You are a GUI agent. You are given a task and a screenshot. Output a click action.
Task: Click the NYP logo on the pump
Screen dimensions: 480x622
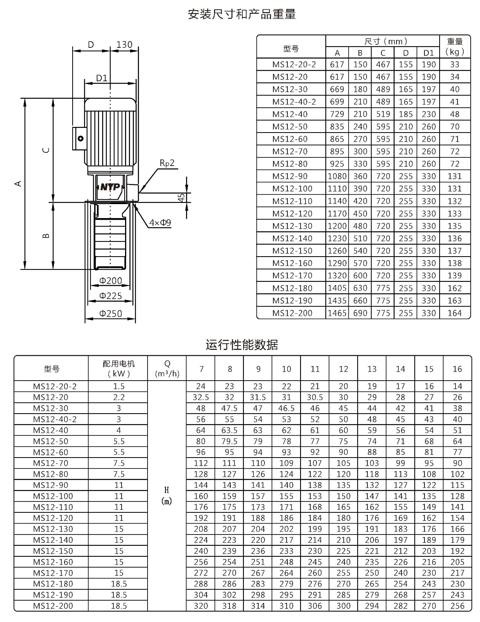click(x=110, y=187)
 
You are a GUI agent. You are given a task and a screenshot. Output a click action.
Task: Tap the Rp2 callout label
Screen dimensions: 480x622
click(x=167, y=163)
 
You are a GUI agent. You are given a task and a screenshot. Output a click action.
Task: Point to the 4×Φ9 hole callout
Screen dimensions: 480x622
click(x=160, y=222)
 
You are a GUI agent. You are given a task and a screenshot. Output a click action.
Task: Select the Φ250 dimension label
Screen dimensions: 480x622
click(x=111, y=313)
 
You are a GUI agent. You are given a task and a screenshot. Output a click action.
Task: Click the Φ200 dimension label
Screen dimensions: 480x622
click(x=111, y=281)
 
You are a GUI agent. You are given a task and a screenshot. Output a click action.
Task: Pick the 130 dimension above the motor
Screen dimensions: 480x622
click(x=124, y=44)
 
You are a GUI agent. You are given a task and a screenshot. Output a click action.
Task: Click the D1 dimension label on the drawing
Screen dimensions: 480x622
click(x=102, y=78)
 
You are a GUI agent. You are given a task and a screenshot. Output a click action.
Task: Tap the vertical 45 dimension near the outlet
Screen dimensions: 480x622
click(x=181, y=197)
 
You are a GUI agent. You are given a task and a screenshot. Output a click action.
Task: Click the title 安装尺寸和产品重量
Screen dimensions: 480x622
click(x=242, y=14)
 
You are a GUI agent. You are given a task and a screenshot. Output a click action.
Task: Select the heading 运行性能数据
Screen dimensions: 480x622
click(x=242, y=345)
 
